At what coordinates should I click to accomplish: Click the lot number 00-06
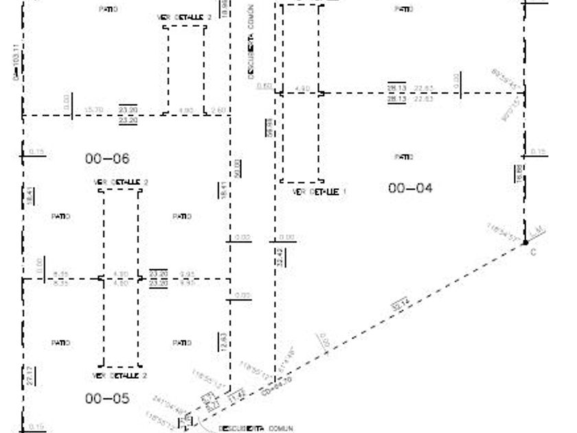click(x=107, y=159)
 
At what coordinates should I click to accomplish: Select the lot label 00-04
click(x=410, y=188)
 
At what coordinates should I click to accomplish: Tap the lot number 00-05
click(x=107, y=398)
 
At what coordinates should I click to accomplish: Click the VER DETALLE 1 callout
click(x=319, y=192)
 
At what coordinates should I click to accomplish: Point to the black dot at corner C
click(x=525, y=242)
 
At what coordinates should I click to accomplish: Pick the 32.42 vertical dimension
click(x=280, y=258)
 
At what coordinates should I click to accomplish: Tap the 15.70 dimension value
click(x=93, y=110)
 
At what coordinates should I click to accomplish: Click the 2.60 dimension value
click(x=218, y=110)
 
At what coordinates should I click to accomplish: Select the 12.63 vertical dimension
click(x=223, y=342)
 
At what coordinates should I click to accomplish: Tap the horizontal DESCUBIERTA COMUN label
click(x=256, y=428)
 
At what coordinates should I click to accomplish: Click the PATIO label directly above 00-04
click(x=404, y=157)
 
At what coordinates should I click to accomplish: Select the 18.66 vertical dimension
click(x=519, y=174)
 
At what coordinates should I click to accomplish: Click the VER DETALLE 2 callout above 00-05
click(x=120, y=376)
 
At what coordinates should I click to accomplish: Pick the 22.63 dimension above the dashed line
click(x=424, y=88)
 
